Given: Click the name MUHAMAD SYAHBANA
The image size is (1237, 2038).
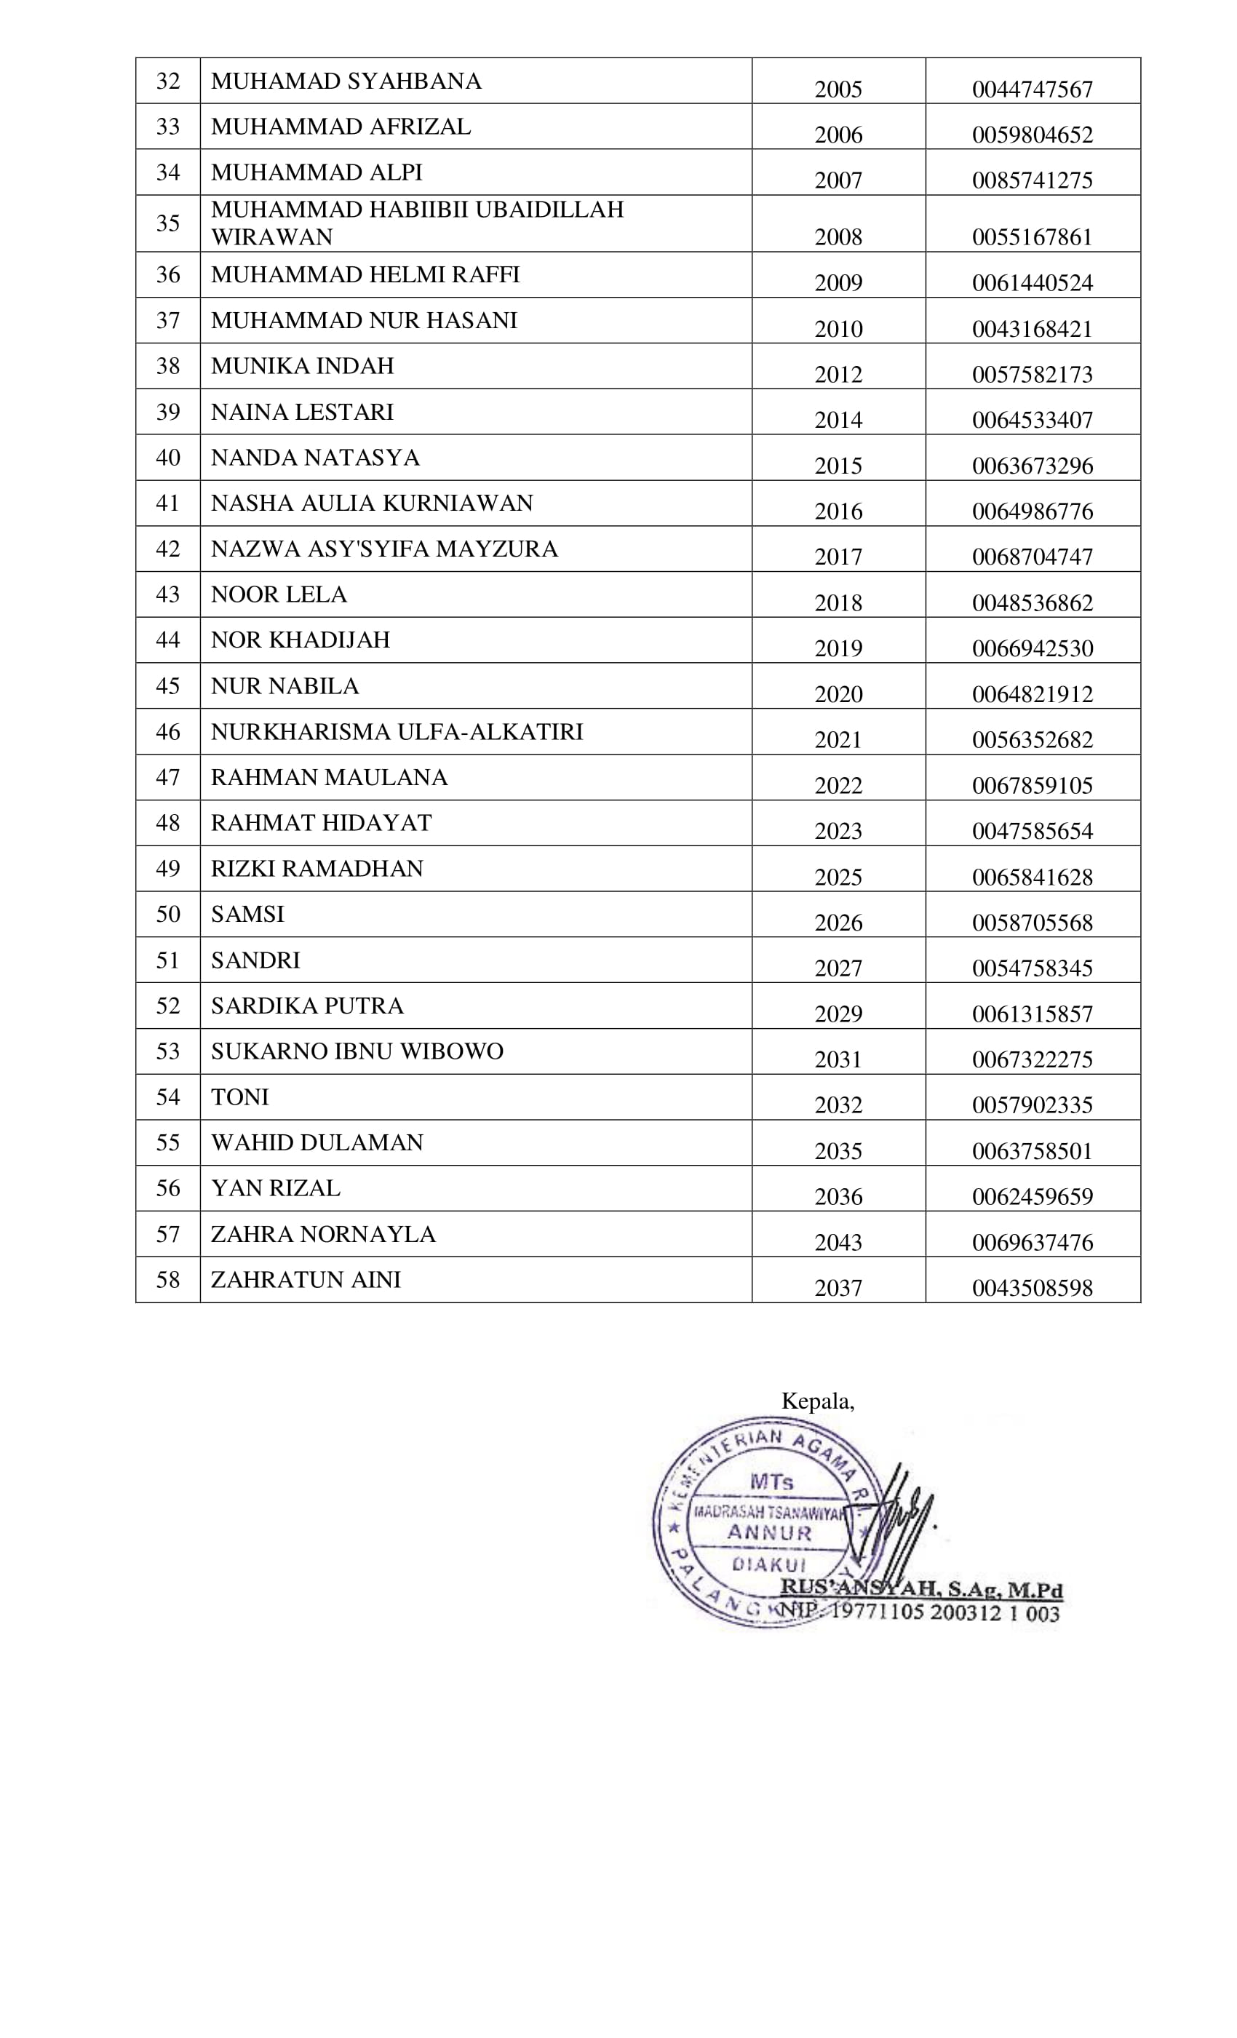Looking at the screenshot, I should tap(345, 81).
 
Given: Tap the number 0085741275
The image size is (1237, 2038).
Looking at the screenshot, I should tap(1032, 180).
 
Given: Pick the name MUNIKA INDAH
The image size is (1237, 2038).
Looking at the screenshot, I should tap(302, 365).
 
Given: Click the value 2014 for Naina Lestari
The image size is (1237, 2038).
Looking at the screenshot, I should tap(838, 420).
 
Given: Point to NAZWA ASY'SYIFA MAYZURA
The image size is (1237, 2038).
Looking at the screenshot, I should tap(384, 549).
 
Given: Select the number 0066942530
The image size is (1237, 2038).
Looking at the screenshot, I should tap(1032, 648).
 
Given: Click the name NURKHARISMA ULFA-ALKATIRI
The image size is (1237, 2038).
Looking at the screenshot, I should tap(397, 731).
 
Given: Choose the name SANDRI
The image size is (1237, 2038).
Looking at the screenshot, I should tap(255, 960).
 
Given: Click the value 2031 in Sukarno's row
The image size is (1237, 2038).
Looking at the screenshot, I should tap(838, 1059).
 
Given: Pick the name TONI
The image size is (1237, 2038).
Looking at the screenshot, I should tap(240, 1096).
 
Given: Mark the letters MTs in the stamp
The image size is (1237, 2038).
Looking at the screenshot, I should tap(771, 1481).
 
